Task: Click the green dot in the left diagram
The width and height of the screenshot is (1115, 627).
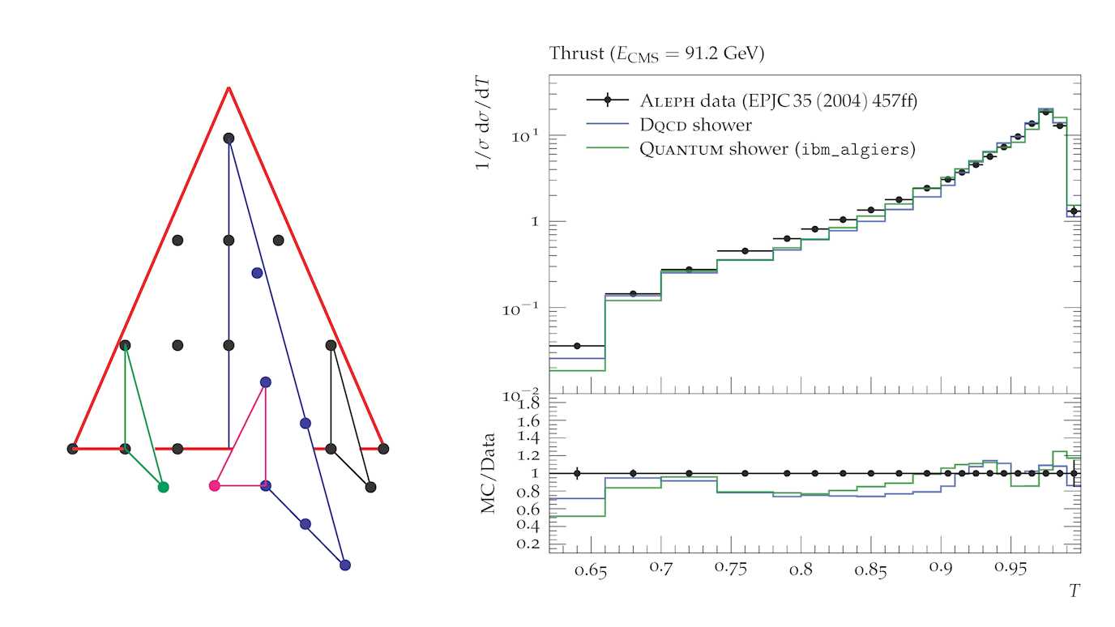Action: point(163,487)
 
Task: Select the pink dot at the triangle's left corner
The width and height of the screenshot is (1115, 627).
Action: point(214,486)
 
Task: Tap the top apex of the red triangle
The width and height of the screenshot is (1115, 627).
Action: point(229,87)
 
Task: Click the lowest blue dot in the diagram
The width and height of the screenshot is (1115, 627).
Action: point(344,565)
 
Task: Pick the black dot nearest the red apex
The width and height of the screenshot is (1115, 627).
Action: point(229,139)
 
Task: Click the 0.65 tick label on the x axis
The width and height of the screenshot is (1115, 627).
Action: point(592,572)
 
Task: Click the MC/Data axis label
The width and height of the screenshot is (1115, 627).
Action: point(488,475)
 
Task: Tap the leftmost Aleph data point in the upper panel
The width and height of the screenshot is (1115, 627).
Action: point(577,346)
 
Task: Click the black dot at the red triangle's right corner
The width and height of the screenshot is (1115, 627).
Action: point(383,448)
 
